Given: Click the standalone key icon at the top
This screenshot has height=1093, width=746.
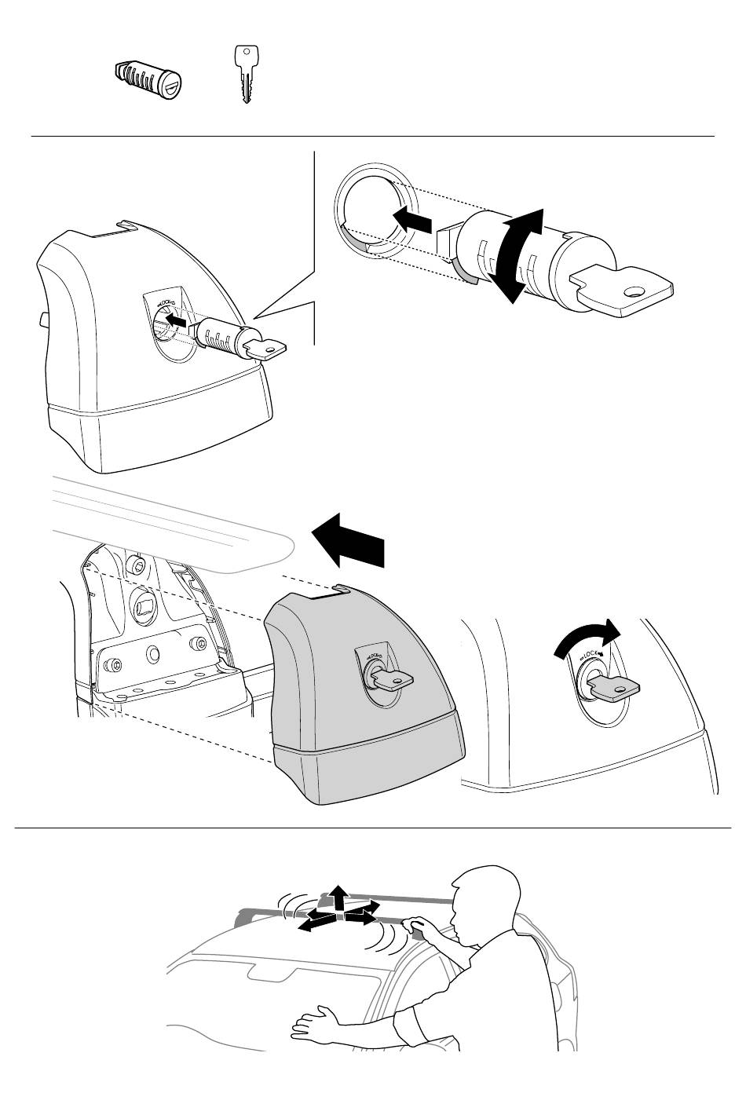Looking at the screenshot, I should tap(246, 75).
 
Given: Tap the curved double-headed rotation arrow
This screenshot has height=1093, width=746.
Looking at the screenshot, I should tap(515, 254).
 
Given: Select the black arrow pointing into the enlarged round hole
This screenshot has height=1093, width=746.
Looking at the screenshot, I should tap(413, 218).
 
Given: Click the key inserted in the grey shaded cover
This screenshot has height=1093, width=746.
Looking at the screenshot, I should tap(390, 678).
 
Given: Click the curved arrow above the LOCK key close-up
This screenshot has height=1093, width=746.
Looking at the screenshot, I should tap(587, 638).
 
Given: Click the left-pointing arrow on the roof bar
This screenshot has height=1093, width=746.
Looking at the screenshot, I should tap(316, 922).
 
